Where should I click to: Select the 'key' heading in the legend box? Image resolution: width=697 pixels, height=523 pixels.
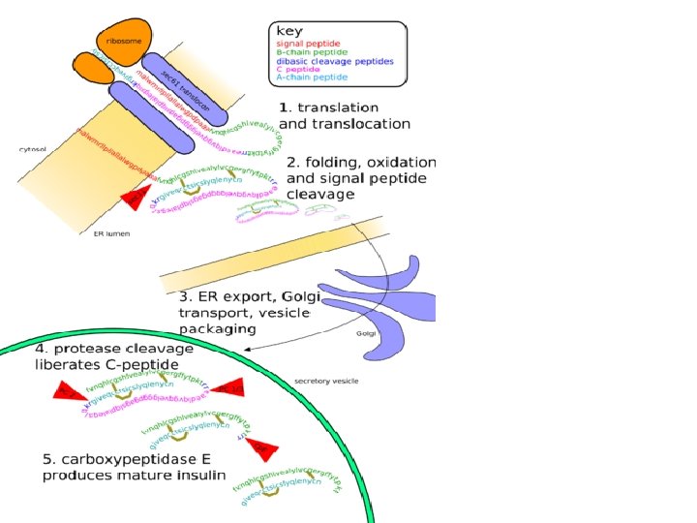(289, 30)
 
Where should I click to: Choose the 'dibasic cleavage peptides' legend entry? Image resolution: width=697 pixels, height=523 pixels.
(335, 61)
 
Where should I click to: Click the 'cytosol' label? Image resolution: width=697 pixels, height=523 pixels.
(34, 149)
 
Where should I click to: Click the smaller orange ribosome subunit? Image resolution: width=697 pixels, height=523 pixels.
(92, 67)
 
